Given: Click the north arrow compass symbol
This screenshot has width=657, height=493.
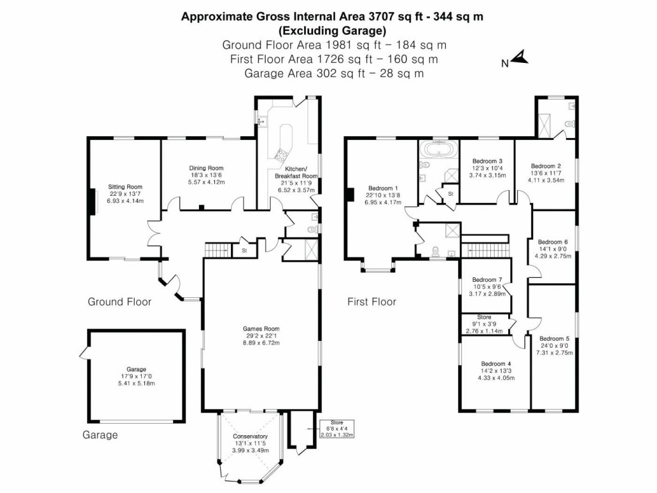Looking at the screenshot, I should (520, 59).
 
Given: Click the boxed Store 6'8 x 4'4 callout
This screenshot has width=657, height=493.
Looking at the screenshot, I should (336, 428).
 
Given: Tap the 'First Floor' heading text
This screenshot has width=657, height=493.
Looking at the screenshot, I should (371, 302).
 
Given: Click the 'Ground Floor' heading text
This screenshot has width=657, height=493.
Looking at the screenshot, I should (119, 302).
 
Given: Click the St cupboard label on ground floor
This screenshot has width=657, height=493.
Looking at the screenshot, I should (244, 250).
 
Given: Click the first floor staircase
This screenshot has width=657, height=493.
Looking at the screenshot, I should (484, 246).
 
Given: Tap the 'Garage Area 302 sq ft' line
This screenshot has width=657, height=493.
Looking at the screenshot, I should (334, 73).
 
